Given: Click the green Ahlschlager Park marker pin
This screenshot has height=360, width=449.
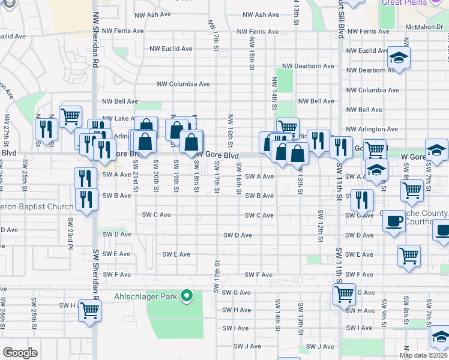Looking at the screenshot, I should tap(187, 295).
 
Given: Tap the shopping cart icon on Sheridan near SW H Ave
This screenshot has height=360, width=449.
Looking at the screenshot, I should tap(89, 311).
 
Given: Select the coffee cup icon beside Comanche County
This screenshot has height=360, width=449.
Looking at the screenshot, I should tap(394, 220).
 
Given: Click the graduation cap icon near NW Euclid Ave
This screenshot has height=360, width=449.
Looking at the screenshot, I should tap(397, 58).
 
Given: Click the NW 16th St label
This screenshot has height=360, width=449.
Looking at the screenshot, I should tap(231, 132).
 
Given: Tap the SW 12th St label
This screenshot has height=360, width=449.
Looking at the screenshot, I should tap(321, 226).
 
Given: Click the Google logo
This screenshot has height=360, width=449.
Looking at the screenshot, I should tap(20, 352).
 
